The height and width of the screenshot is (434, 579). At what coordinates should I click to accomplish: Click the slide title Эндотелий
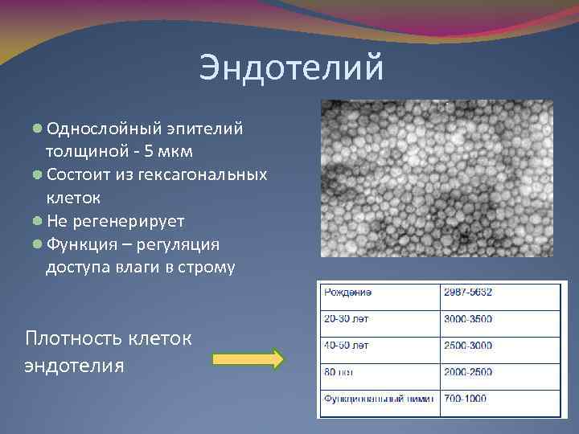point(292,68)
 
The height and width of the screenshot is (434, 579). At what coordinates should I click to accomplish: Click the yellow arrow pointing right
point(248,358)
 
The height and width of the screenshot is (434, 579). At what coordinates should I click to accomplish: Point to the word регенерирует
point(131,221)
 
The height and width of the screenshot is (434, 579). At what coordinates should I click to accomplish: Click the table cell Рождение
point(348,293)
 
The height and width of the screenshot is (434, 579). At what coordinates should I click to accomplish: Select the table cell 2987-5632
point(468,293)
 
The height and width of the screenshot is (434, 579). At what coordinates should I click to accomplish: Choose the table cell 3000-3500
point(468,320)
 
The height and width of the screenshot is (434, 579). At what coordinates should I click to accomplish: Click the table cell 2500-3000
point(468,346)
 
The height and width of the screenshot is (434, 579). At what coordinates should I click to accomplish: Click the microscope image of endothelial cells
point(437,178)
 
